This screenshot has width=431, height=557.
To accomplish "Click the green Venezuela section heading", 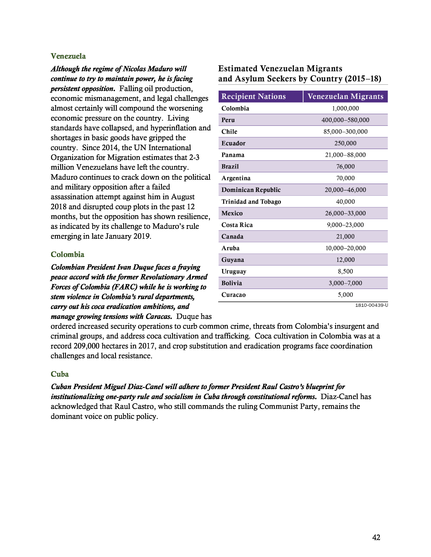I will click(x=68, y=56).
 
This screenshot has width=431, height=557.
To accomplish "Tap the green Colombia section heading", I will click(x=67, y=254).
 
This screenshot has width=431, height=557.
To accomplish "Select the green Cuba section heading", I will click(x=60, y=374).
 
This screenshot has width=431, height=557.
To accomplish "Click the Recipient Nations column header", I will click(x=253, y=96).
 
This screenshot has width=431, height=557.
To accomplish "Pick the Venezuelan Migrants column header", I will click(x=345, y=96).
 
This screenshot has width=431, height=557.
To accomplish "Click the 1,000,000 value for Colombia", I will click(x=345, y=108).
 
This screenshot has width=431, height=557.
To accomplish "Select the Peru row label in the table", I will click(x=228, y=120).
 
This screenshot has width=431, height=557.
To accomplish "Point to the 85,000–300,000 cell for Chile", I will click(x=345, y=132).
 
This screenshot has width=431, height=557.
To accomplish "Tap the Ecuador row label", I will click(x=233, y=143).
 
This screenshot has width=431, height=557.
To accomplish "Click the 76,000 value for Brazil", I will click(x=345, y=167).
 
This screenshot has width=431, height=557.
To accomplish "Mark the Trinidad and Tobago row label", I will click(x=251, y=202).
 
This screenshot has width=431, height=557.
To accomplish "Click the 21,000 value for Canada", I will click(x=345, y=236).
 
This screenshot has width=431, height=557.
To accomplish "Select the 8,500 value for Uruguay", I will click(x=345, y=271).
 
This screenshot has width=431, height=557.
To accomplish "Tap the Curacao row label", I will click(x=233, y=295).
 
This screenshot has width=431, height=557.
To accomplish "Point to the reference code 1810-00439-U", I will click(x=372, y=305).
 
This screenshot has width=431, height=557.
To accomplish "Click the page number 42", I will click(x=376, y=537).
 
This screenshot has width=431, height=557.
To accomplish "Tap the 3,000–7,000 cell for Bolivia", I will click(x=345, y=283).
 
